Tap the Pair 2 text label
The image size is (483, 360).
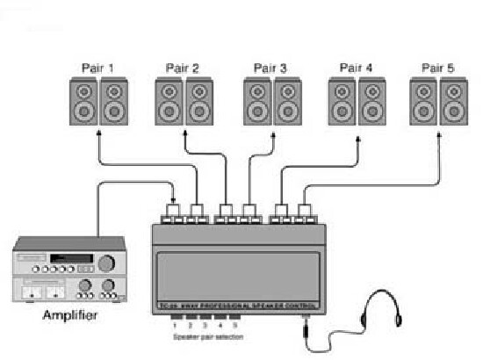[x=183, y=68]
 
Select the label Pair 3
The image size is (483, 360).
[x=270, y=68]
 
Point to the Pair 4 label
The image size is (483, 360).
[x=356, y=68]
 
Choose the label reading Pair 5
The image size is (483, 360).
[x=438, y=68]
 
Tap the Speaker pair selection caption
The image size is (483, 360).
[x=207, y=336]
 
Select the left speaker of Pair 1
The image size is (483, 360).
[x=84, y=102]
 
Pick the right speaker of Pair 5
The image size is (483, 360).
[x=454, y=102]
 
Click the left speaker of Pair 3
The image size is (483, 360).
[x=257, y=102]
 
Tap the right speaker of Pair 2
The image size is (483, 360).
[x=199, y=102]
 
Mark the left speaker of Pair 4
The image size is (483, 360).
[x=342, y=102]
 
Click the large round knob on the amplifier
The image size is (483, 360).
[x=108, y=263]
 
